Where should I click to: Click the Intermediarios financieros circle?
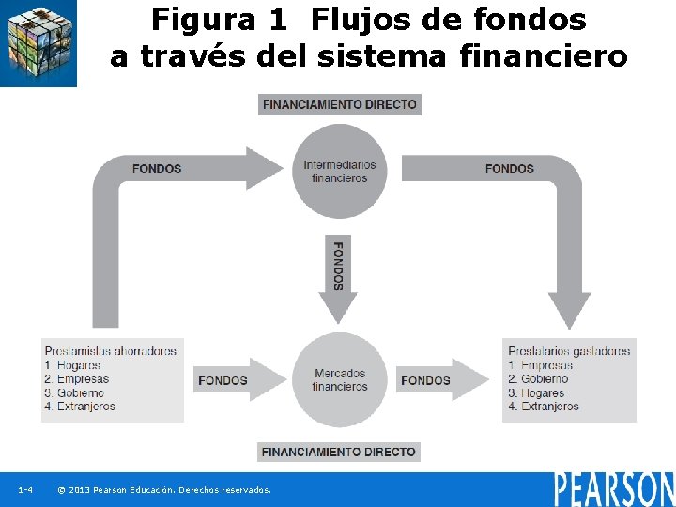click(340, 171)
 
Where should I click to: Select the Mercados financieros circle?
click(340, 379)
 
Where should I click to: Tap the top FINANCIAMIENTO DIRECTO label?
click(340, 104)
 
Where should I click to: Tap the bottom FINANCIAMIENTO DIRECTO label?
click(338, 452)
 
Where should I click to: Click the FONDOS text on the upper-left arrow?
click(157, 169)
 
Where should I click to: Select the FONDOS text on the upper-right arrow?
click(510, 169)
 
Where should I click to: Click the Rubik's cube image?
click(38, 43)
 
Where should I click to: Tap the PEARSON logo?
click(614, 488)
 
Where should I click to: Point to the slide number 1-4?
click(25, 490)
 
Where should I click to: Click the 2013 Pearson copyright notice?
click(164, 490)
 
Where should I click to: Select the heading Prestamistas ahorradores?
click(110, 351)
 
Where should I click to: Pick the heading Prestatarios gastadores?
click(569, 351)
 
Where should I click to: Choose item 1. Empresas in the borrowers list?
click(541, 365)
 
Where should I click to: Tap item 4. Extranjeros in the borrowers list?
click(544, 407)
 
